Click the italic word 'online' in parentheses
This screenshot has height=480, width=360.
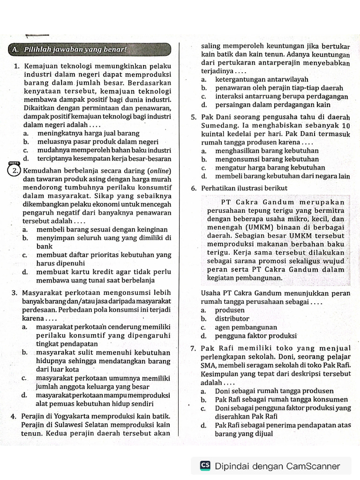point(158,171)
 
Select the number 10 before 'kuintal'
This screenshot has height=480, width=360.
point(346,126)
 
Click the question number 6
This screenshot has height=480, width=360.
point(194,188)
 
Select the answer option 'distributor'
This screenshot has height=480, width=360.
point(232,318)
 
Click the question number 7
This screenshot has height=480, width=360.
point(194,348)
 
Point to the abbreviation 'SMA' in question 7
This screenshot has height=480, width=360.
point(207,366)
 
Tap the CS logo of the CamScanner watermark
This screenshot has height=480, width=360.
point(205,465)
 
